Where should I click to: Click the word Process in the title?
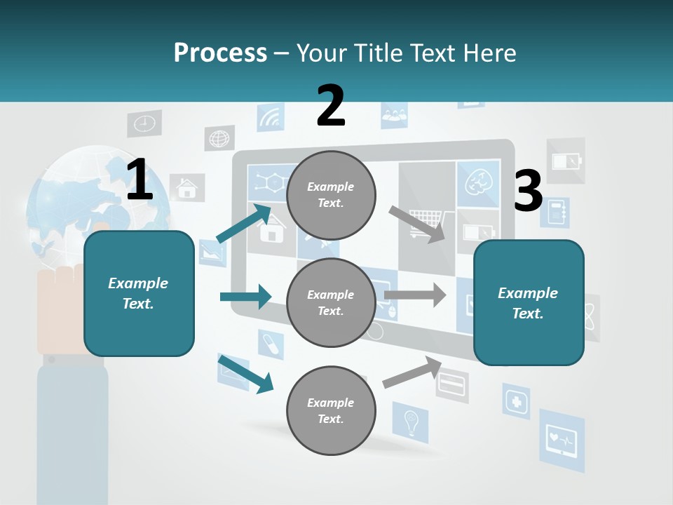tap(220, 53)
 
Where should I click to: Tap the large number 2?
tap(331, 105)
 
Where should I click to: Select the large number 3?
tap(528, 191)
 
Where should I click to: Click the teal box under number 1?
tap(139, 293)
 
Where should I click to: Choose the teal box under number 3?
tap(529, 302)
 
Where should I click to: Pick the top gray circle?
tap(331, 195)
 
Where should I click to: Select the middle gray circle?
tap(331, 302)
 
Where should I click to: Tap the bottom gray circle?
tap(331, 410)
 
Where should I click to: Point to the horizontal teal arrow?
tap(245, 297)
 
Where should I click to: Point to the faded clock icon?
tap(144, 123)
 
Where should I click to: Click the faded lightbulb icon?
tap(411, 422)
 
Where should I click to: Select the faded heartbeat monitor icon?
tap(562, 440)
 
